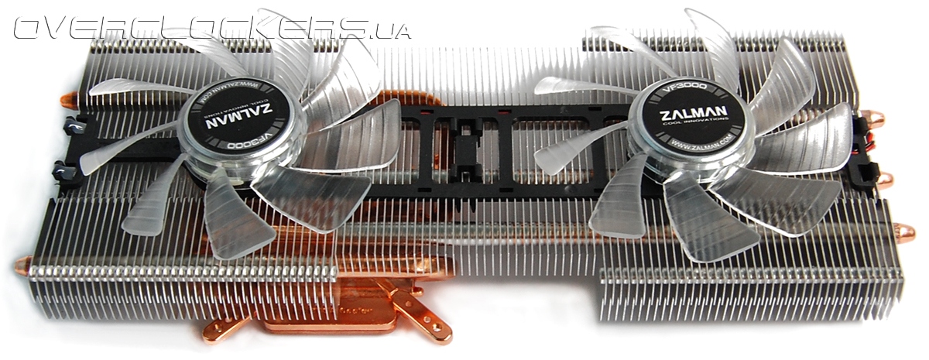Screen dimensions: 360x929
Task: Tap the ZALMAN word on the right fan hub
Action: click(x=692, y=118)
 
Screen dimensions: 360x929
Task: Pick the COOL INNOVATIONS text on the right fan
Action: click(x=692, y=129)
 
